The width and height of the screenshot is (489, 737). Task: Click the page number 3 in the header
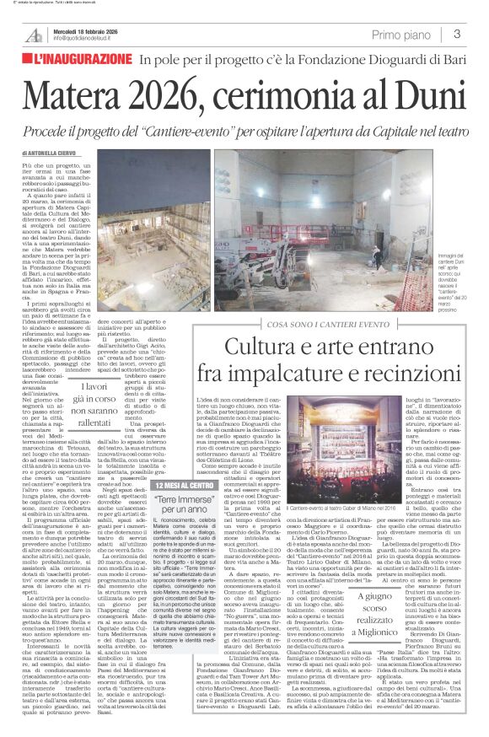tap(456, 35)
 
